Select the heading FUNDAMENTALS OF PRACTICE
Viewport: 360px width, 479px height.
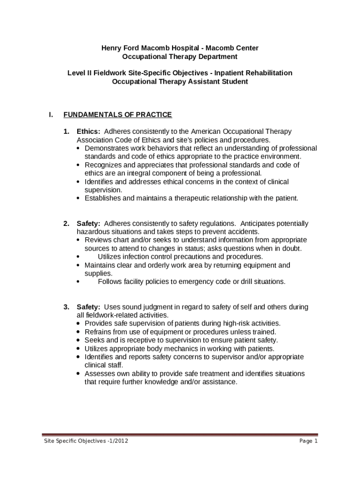(117, 115)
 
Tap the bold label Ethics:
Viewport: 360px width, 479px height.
(88, 131)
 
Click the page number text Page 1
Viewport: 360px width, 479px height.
(309, 441)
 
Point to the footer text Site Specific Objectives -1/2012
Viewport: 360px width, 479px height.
(86, 441)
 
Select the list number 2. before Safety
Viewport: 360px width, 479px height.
(67, 224)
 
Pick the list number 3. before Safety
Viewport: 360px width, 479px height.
(67, 307)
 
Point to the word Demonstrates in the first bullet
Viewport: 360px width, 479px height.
(105, 148)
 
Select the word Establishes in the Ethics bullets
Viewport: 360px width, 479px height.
(103, 198)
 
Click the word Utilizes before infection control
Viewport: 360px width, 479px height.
(110, 257)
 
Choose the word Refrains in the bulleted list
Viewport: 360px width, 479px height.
(98, 332)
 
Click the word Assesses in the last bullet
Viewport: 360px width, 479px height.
(100, 374)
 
